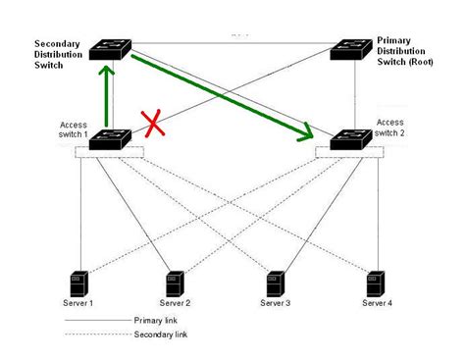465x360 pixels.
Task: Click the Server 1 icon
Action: tap(81, 282)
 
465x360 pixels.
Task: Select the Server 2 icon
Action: tap(175, 282)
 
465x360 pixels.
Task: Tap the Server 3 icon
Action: tap(275, 282)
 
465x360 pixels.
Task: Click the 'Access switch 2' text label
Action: tap(389, 129)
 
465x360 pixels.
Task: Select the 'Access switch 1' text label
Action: tap(74, 130)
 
